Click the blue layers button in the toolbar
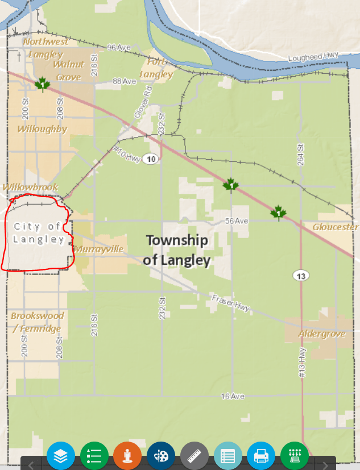click(x=61, y=456)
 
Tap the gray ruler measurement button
click(x=195, y=456)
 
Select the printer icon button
click(x=261, y=456)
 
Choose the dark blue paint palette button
click(x=161, y=456)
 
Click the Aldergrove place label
click(x=322, y=334)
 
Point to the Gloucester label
click(x=336, y=227)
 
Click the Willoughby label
click(x=42, y=129)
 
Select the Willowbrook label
click(x=30, y=187)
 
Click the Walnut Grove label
click(x=69, y=70)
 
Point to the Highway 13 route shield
click(x=301, y=276)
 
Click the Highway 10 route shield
click(x=150, y=159)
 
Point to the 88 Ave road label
click(x=125, y=81)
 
